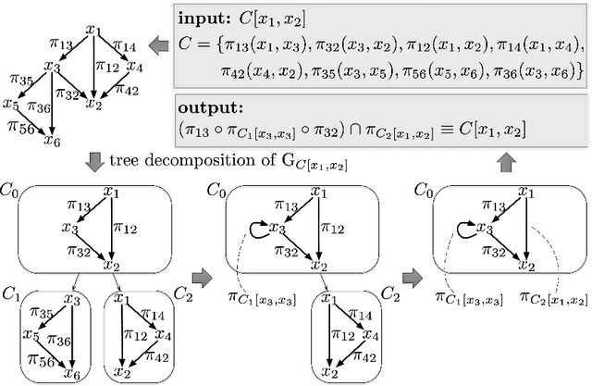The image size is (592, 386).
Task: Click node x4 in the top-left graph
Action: [134, 67]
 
